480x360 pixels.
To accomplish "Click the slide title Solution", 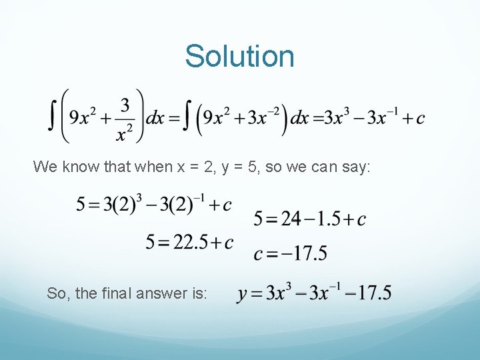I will pyautogui.click(x=239, y=56).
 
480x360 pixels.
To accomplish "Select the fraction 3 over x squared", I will pyautogui.click(x=124, y=118).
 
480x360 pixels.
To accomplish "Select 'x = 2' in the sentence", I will pyautogui.click(x=196, y=167).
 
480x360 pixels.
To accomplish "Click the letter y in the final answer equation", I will pyautogui.click(x=242, y=294).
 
